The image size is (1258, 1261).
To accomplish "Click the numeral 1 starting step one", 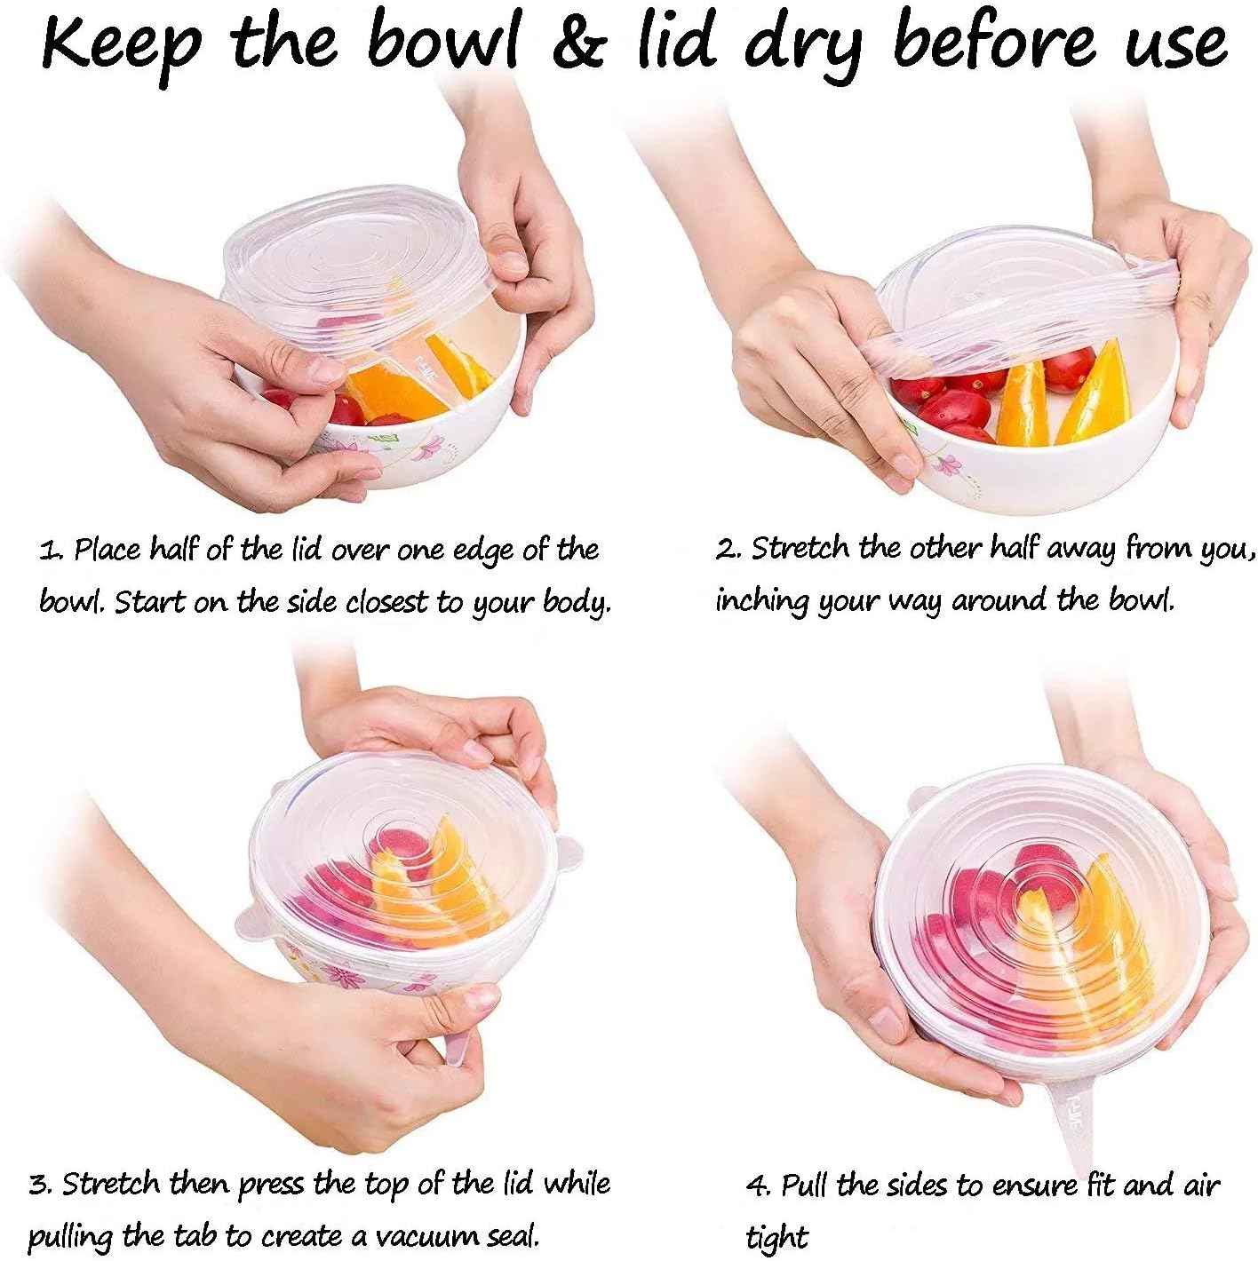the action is point(47,551).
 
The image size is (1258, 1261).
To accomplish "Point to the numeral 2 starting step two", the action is point(725,550).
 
